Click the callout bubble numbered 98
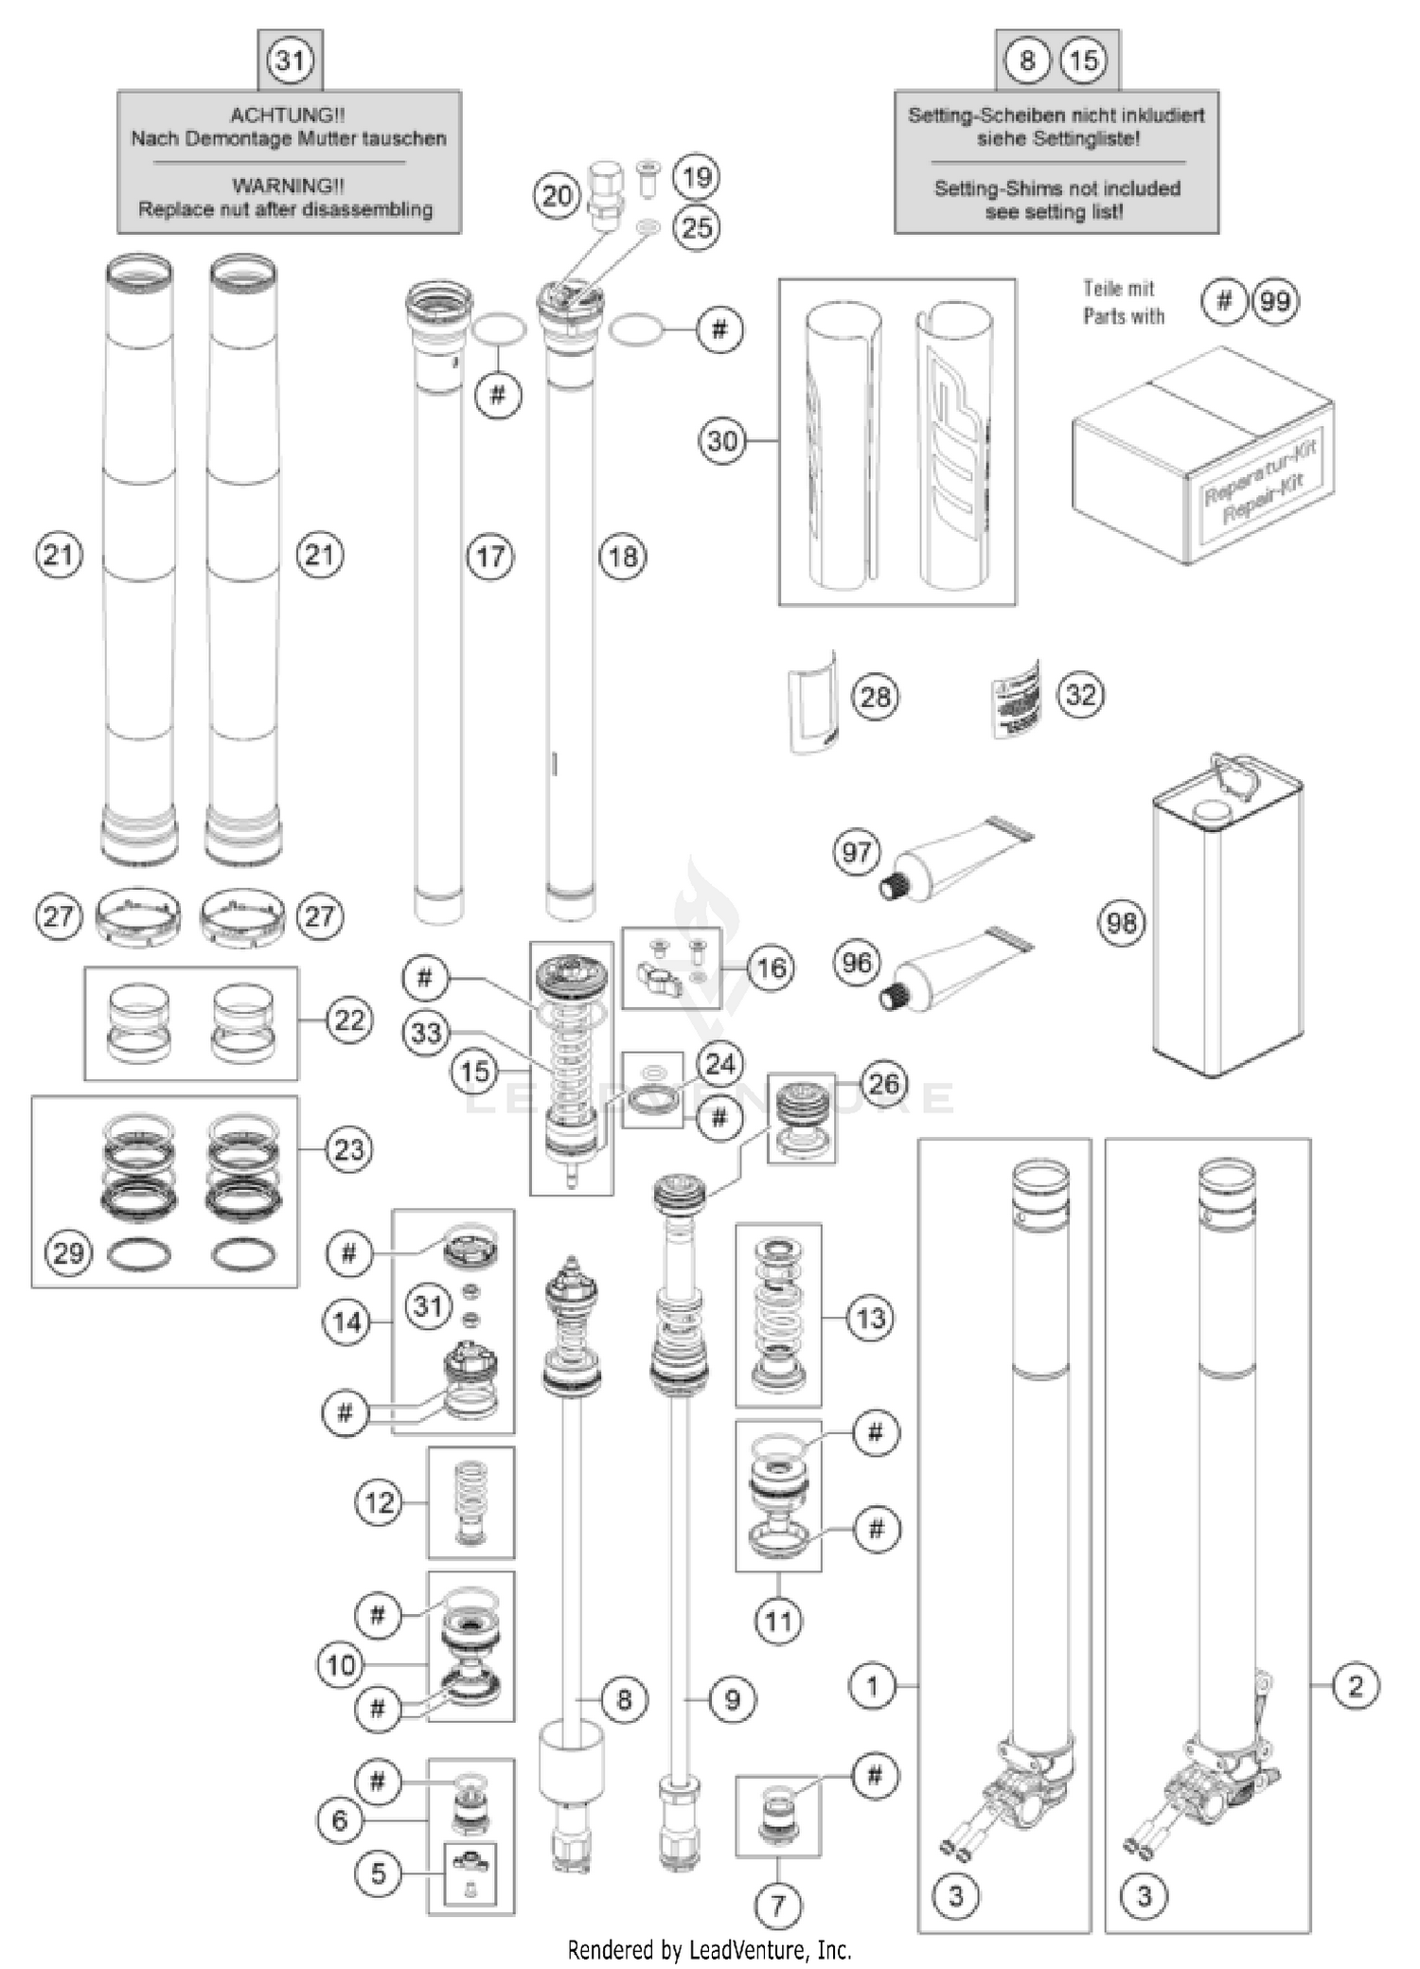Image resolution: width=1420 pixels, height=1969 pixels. pyautogui.click(x=1122, y=922)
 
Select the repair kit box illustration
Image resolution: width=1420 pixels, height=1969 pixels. pyautogui.click(x=1202, y=456)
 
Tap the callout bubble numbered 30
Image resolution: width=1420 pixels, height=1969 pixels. pyautogui.click(x=722, y=441)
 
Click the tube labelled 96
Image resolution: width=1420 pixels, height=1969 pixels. pyautogui.click(x=956, y=968)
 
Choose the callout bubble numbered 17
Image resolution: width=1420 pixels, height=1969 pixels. pyautogui.click(x=490, y=557)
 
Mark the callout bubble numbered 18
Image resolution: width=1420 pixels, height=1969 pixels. pyautogui.click(x=623, y=557)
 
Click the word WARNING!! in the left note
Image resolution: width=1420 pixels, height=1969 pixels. pyautogui.click(x=288, y=186)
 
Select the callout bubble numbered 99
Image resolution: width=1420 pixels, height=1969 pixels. pyautogui.click(x=1275, y=302)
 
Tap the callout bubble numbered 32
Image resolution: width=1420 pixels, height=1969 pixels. pyautogui.click(x=1081, y=695)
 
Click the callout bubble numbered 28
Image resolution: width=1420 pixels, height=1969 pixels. pyautogui.click(x=875, y=698)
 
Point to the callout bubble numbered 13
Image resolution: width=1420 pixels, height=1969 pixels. pyautogui.click(x=870, y=1318)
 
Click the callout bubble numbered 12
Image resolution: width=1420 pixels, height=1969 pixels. pyautogui.click(x=379, y=1502)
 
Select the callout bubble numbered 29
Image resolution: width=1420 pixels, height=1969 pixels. pyautogui.click(x=68, y=1253)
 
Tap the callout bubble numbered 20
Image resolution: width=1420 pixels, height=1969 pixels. pyautogui.click(x=557, y=196)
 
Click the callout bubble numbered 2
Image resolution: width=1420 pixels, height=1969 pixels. pyautogui.click(x=1356, y=1685)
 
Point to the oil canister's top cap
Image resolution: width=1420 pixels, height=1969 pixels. pyautogui.click(x=1211, y=809)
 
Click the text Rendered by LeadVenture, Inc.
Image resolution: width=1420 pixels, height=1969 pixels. pyautogui.click(x=709, y=1949)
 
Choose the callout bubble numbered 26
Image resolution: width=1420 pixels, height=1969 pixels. pyautogui.click(x=883, y=1084)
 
